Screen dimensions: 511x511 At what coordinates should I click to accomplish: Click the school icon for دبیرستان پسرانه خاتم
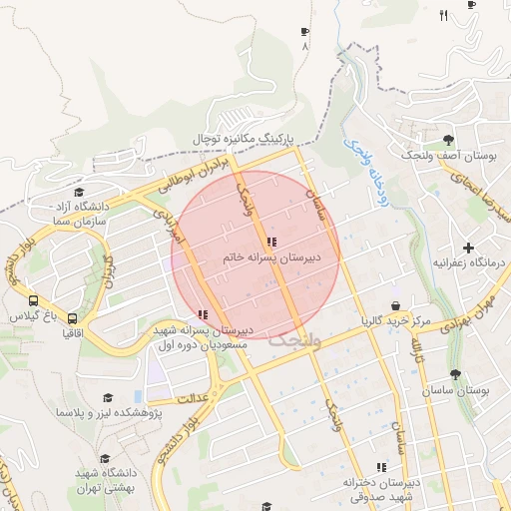[271, 242]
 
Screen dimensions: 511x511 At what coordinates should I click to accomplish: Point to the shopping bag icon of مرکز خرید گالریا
[396, 305]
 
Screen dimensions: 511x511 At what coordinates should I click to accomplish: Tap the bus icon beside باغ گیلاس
[34, 300]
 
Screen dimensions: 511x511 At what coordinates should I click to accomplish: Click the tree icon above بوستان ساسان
[455, 375]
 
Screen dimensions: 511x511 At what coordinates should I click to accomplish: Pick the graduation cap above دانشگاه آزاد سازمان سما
[79, 193]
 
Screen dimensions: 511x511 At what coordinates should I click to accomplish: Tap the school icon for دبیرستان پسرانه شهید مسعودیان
[204, 314]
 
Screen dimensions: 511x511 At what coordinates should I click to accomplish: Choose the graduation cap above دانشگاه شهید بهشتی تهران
[105, 459]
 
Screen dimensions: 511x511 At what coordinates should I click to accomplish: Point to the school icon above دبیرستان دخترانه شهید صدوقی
[380, 467]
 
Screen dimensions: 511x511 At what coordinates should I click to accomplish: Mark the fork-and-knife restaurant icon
[443, 15]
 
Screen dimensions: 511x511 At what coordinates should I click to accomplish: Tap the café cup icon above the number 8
[304, 32]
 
